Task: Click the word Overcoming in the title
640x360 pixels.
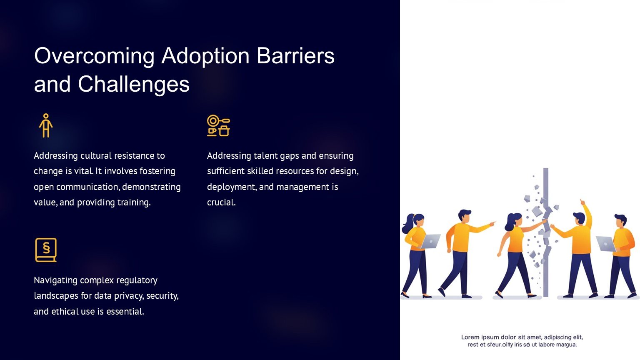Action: tap(94, 56)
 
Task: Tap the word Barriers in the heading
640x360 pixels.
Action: tap(295, 55)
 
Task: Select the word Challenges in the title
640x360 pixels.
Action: tap(134, 84)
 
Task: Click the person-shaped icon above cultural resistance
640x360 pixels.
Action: tap(46, 125)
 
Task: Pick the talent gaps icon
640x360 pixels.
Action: tap(219, 125)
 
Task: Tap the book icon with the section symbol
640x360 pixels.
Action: tap(46, 250)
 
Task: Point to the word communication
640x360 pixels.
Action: tap(88, 187)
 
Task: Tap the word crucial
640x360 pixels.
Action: tap(221, 202)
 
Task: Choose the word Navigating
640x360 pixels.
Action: tap(56, 280)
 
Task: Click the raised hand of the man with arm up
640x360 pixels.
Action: tap(582, 202)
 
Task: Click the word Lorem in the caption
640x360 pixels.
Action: tap(470, 337)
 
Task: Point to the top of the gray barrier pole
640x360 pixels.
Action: tap(546, 169)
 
